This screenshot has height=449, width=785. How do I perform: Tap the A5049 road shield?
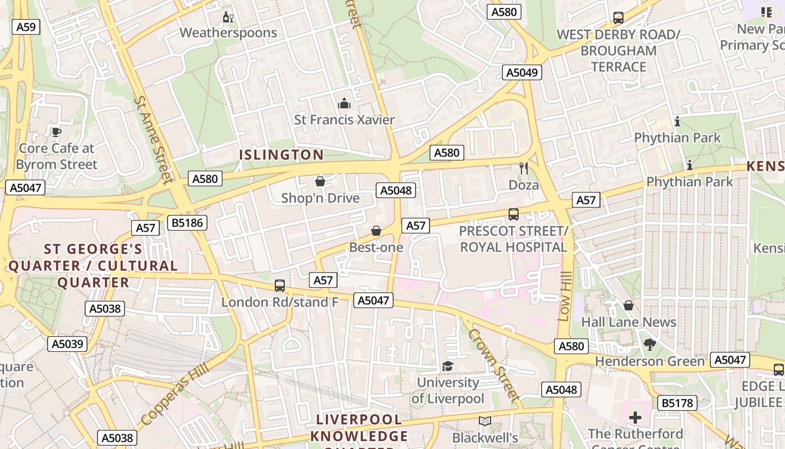pyautogui.click(x=521, y=72)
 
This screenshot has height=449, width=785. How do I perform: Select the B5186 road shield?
pyautogui.click(x=187, y=223)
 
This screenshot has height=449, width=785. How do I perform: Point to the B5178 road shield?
pyautogui.click(x=677, y=403)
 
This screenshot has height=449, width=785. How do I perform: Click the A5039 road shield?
pyautogui.click(x=67, y=344)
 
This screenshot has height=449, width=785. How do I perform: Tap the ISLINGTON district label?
pyautogui.click(x=281, y=155)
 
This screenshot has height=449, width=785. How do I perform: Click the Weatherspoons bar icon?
pyautogui.click(x=228, y=17)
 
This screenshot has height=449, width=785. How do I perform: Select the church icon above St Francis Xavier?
pyautogui.click(x=344, y=103)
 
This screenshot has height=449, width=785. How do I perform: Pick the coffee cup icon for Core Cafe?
pyautogui.click(x=56, y=132)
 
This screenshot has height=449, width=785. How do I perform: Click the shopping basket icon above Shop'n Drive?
pyautogui.click(x=320, y=181)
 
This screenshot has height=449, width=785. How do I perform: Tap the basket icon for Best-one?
pyautogui.click(x=376, y=231)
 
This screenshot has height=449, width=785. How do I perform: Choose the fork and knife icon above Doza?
pyautogui.click(x=524, y=168)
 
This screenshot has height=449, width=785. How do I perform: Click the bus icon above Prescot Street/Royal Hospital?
pyautogui.click(x=514, y=214)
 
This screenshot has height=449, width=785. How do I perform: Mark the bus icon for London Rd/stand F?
pyautogui.click(x=280, y=286)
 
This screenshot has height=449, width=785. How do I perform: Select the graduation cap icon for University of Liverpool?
pyautogui.click(x=447, y=366)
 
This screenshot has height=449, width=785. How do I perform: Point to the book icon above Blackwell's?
pyautogui.click(x=485, y=421)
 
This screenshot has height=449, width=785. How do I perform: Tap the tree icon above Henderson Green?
pyautogui.click(x=649, y=345)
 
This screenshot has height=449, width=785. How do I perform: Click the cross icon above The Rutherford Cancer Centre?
pyautogui.click(x=635, y=417)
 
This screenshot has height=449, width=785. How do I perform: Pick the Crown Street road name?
pyautogui.click(x=493, y=364)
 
